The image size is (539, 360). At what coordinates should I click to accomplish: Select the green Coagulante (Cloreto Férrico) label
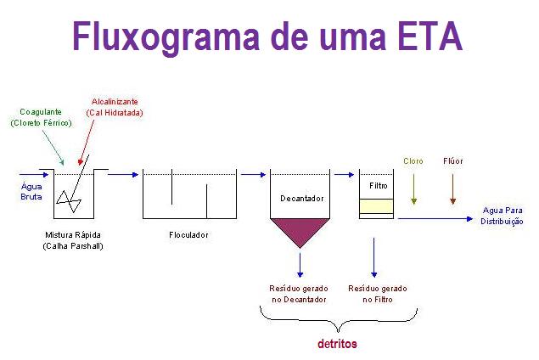pyautogui.click(x=41, y=117)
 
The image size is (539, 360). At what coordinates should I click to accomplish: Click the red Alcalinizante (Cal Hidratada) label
pyautogui.click(x=115, y=107)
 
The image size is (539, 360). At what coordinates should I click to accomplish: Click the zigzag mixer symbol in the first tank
pyautogui.click(x=69, y=202)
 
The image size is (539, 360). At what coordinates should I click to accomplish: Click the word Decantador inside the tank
pyautogui.click(x=301, y=199)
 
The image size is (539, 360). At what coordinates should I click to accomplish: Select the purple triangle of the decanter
pyautogui.click(x=300, y=228)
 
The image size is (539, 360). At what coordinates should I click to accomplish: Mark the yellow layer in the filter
pyautogui.click(x=376, y=205)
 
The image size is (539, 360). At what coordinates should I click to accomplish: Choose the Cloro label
pyautogui.click(x=413, y=160)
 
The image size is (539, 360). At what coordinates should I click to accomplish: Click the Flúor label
pyautogui.click(x=453, y=160)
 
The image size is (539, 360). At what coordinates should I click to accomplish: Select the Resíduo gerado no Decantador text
pyautogui.click(x=299, y=294)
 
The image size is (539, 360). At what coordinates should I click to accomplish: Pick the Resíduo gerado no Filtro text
pyautogui.click(x=377, y=294)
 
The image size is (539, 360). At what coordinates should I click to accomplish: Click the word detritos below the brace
pyautogui.click(x=337, y=344)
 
